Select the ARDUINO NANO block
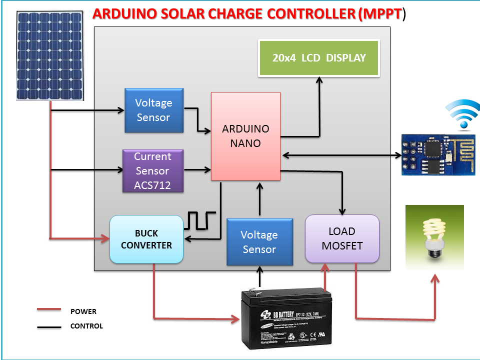click(245, 136)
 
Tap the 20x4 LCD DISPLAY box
click(319, 57)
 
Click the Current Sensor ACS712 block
click(153, 170)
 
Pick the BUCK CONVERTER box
click(146, 239)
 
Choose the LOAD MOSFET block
click(342, 238)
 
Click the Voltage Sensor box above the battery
click(259, 241)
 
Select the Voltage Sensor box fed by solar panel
click(153, 110)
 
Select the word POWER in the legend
click(83, 311)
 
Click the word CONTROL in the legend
click(86, 326)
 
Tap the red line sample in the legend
click(48, 310)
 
